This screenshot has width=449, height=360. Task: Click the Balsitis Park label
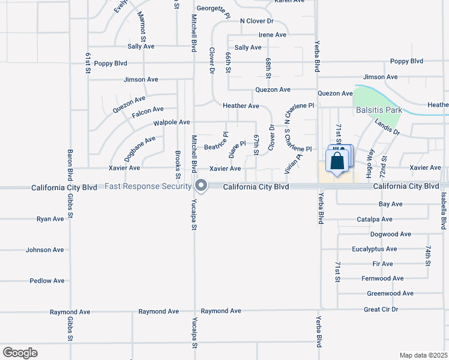[379, 110]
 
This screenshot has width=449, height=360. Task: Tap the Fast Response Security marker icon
[201, 185]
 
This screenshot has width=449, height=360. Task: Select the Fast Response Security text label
[148, 186]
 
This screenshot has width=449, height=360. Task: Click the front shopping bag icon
[337, 161]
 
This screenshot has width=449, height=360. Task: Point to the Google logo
[20, 353]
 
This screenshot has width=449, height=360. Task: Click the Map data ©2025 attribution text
[423, 355]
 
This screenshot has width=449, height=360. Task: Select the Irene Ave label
[272, 35]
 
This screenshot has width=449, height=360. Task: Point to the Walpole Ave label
[172, 122]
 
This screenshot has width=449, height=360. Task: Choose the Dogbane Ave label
[139, 149]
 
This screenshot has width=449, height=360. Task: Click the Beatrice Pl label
[217, 143]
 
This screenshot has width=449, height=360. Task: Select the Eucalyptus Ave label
[375, 249]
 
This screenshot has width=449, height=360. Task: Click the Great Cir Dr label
[381, 310]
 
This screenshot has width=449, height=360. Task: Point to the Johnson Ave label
[44, 250]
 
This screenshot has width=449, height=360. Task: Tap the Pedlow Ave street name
[47, 280]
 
